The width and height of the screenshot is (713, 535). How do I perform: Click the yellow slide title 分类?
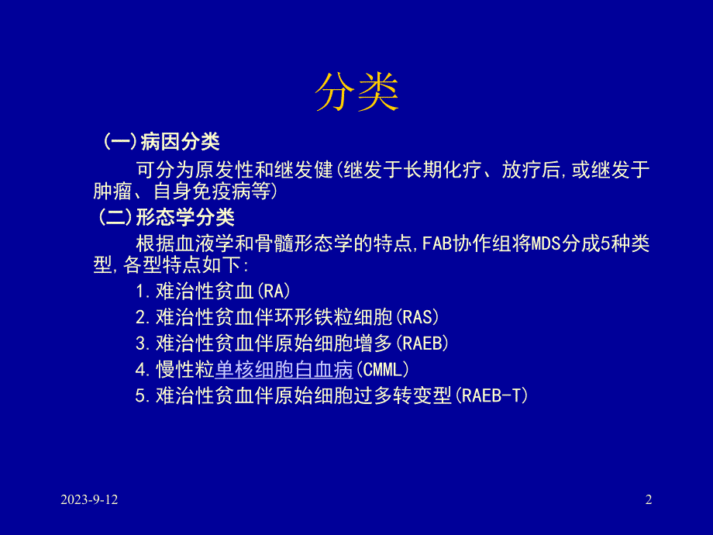(x=356, y=93)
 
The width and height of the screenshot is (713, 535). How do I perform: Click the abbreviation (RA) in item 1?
(x=277, y=292)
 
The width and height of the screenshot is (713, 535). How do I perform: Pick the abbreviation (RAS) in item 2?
(x=417, y=318)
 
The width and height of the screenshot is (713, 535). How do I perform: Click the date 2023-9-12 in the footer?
(x=90, y=500)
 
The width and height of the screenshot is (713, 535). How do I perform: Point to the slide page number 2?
(x=649, y=500)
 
